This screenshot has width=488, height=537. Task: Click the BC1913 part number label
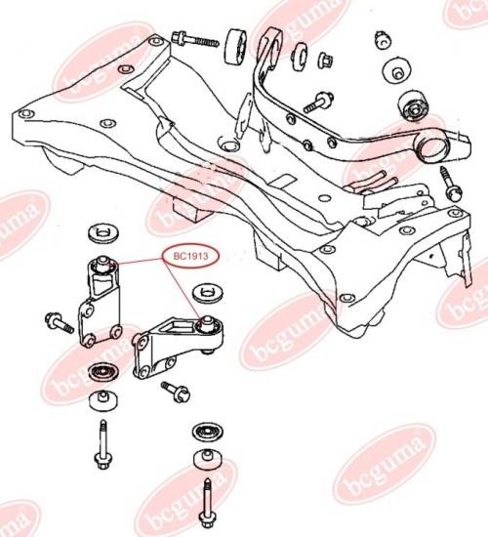[190, 256]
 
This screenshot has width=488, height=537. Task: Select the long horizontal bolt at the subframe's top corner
[195, 39]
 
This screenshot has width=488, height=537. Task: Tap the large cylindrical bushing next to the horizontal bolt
[238, 46]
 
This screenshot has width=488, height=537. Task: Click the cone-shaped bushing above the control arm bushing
[396, 72]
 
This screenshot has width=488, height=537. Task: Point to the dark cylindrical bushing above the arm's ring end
[414, 105]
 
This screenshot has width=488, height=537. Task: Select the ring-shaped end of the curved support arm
[432, 147]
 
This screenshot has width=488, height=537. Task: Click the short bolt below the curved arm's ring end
[450, 184]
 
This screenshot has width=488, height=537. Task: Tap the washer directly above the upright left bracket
[102, 234]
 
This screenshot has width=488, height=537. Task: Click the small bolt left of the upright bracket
[60, 322]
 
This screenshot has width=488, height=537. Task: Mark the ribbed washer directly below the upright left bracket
[103, 371]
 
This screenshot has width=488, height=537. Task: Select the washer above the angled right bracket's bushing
[208, 293]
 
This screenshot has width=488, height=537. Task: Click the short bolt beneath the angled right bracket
[176, 392]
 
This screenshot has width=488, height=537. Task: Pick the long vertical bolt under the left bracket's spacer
[102, 445]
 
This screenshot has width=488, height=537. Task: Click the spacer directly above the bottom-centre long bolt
[207, 460]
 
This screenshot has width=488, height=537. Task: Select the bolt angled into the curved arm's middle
[318, 103]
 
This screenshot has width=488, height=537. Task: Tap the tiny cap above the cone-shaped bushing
[384, 39]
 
